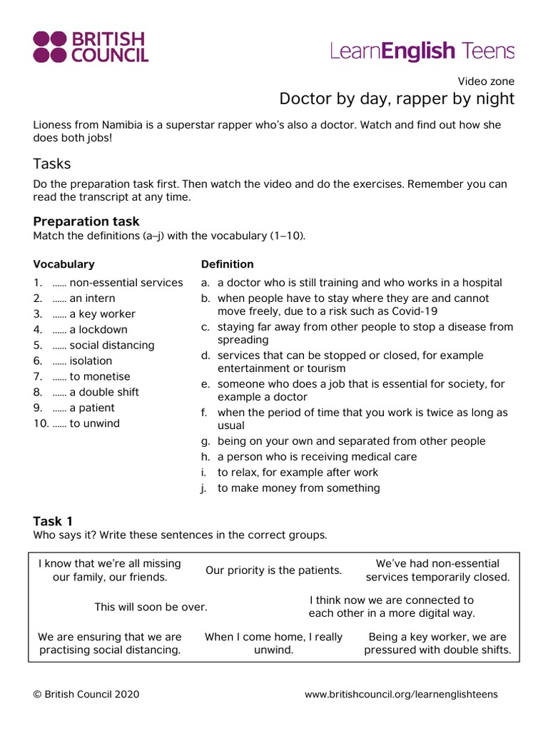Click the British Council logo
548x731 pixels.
[x=91, y=47]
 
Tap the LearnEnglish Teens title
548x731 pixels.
[x=422, y=51]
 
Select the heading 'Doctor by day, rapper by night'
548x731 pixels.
[x=396, y=98]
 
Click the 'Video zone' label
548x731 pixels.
[x=486, y=81]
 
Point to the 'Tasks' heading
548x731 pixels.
[x=52, y=163]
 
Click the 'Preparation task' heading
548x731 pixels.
[x=86, y=221]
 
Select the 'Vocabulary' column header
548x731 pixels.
[x=64, y=264]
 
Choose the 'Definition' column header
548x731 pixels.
[x=227, y=264]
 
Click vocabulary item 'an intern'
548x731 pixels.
[x=92, y=298]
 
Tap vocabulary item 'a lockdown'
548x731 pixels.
[x=98, y=330]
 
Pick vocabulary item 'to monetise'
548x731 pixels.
[x=100, y=376]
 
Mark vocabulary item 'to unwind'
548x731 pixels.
[x=95, y=423]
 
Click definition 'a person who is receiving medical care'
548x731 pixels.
[x=317, y=457]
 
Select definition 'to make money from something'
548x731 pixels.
[x=298, y=488]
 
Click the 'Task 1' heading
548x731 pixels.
[x=53, y=521]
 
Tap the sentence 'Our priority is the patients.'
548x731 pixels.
[x=274, y=570]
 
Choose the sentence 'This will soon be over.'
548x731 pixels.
[x=151, y=607]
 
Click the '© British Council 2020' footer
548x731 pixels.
[x=86, y=694]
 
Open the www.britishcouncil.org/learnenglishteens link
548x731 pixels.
[x=401, y=694]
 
